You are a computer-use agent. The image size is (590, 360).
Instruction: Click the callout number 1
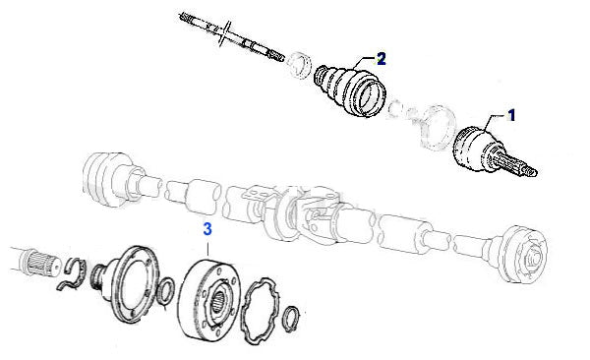coord(511,116)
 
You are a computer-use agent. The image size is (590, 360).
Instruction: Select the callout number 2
coord(381,59)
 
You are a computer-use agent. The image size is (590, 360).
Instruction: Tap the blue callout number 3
coord(207,229)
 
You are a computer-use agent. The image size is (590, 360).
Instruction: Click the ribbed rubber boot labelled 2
coord(350,90)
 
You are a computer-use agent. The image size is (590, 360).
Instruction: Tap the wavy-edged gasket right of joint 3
coord(261,311)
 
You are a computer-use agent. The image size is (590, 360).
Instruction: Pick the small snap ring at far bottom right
coord(291,320)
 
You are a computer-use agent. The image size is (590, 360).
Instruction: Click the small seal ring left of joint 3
coord(165,291)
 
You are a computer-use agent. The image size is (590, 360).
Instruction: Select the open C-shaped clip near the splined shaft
coord(73,274)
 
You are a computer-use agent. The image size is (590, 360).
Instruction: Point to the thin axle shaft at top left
coord(231,36)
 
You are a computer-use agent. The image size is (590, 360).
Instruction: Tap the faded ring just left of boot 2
coord(300,65)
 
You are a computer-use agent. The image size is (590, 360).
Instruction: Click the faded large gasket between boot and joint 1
coord(437,128)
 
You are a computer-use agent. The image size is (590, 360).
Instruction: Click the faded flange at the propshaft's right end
coord(523,255)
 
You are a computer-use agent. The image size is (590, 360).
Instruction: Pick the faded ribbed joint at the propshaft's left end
coord(107,179)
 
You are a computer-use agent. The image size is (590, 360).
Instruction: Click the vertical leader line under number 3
coord(207,250)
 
